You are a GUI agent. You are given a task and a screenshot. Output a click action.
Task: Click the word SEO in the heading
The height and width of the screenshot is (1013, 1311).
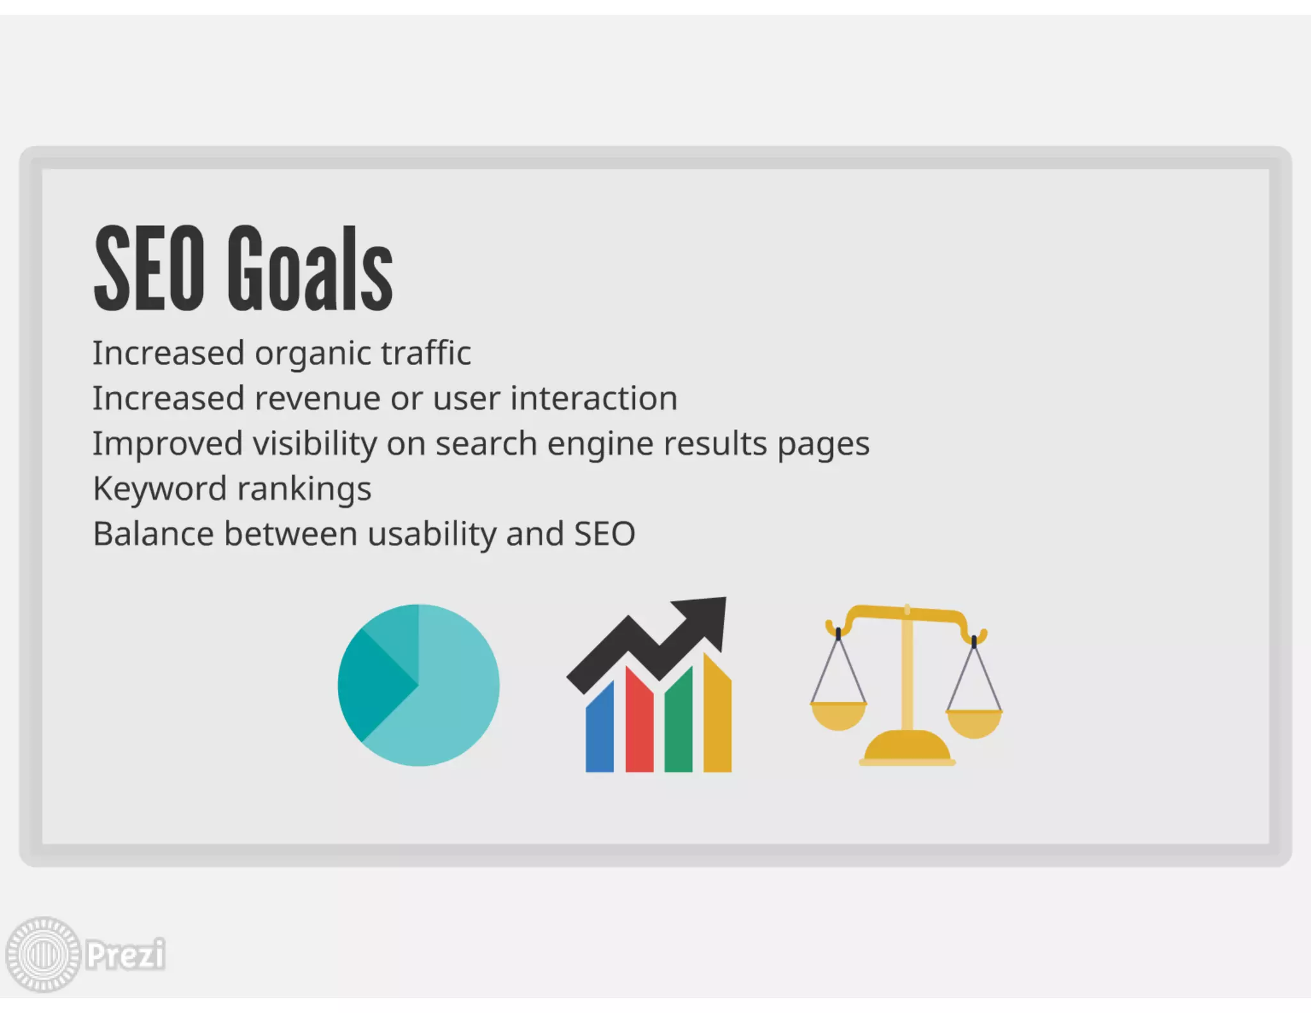click(x=149, y=269)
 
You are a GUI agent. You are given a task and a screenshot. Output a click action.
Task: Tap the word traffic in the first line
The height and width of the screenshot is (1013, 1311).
click(x=426, y=353)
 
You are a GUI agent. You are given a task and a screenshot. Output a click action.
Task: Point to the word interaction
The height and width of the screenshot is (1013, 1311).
click(x=593, y=398)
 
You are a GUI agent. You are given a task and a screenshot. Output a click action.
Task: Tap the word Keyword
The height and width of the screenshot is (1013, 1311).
click(x=160, y=489)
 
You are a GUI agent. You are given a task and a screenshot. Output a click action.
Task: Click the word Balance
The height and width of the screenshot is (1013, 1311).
click(x=154, y=534)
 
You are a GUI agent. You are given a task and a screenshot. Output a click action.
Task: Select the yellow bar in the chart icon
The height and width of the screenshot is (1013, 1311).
click(x=717, y=717)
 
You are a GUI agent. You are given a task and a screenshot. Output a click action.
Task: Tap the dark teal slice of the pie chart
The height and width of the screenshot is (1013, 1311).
click(x=371, y=685)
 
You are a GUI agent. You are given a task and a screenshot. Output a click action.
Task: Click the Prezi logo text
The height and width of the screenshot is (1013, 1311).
click(x=125, y=955)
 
